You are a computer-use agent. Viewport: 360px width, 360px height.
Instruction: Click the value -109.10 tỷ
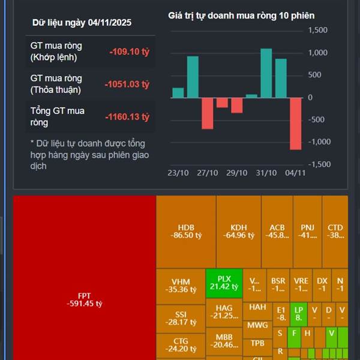pyautogui.click(x=129, y=52)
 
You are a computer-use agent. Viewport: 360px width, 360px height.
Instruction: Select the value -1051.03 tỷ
pyautogui.click(x=126, y=84)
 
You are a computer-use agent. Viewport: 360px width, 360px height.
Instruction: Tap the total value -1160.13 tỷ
pyautogui.click(x=126, y=116)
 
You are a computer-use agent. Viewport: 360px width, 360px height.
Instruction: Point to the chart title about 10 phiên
pyautogui.click(x=241, y=16)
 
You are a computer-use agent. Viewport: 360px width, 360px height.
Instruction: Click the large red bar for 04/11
pyautogui.click(x=295, y=123)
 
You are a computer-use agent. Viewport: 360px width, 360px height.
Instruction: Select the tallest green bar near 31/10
pyautogui.click(x=266, y=73)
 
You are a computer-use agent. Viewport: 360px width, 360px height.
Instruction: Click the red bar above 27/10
pyautogui.click(x=207, y=113)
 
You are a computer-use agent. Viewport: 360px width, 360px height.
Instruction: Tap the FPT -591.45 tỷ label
pyautogui.click(x=85, y=299)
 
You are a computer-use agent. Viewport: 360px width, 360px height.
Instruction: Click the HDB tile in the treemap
pyautogui.click(x=185, y=232)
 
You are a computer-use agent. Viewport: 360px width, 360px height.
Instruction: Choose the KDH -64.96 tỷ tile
pyautogui.click(x=238, y=232)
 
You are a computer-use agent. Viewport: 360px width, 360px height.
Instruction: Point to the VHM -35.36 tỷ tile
pyautogui.click(x=180, y=286)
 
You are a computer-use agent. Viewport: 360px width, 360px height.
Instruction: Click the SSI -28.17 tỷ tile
pyautogui.click(x=181, y=318)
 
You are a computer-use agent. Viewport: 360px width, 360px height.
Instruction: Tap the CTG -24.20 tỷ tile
pyautogui.click(x=180, y=345)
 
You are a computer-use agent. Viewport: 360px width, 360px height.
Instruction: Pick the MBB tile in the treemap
pyautogui.click(x=224, y=341)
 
